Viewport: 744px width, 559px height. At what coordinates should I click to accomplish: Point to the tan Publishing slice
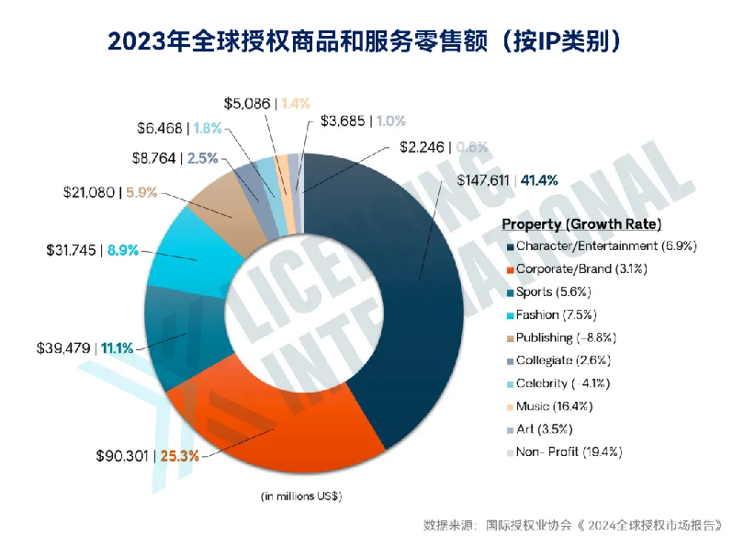click(x=220, y=202)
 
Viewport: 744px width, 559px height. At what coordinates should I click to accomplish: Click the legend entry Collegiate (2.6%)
click(x=563, y=360)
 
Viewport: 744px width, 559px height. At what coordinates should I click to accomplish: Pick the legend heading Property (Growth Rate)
click(x=581, y=224)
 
